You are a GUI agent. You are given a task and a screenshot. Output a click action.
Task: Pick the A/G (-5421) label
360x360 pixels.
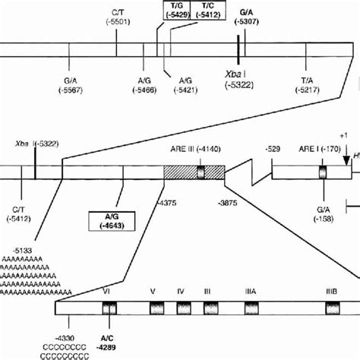click(185, 84)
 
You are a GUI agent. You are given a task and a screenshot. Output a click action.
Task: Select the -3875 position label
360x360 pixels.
click(226, 203)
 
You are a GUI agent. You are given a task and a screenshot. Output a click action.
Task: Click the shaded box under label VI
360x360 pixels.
click(109, 308)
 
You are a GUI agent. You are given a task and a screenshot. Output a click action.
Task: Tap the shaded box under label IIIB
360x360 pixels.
click(331, 308)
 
